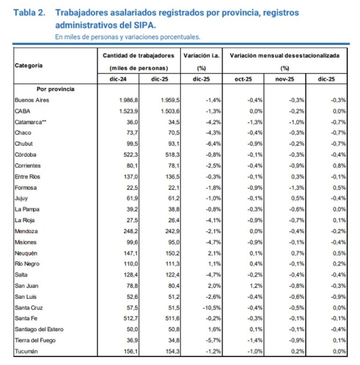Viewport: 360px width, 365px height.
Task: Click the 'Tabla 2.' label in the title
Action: (x=30, y=13)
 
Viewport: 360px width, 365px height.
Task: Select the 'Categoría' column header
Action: (x=29, y=66)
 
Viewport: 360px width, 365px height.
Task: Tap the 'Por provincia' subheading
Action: (x=55, y=89)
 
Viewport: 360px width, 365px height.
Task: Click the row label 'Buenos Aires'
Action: (x=32, y=100)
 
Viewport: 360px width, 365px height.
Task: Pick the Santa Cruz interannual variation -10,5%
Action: (x=211, y=308)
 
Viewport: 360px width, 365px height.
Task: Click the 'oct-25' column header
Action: (x=243, y=79)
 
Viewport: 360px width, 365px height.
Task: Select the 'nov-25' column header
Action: (x=285, y=79)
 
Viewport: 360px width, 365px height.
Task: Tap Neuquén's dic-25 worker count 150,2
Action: (x=167, y=253)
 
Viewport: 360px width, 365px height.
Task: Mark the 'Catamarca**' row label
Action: (x=32, y=122)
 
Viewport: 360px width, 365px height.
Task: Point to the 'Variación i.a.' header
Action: (x=202, y=55)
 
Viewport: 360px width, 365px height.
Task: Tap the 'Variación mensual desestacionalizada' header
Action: (x=285, y=55)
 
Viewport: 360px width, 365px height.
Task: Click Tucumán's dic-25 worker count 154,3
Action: (x=167, y=351)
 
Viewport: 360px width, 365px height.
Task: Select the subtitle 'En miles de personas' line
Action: (x=128, y=36)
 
